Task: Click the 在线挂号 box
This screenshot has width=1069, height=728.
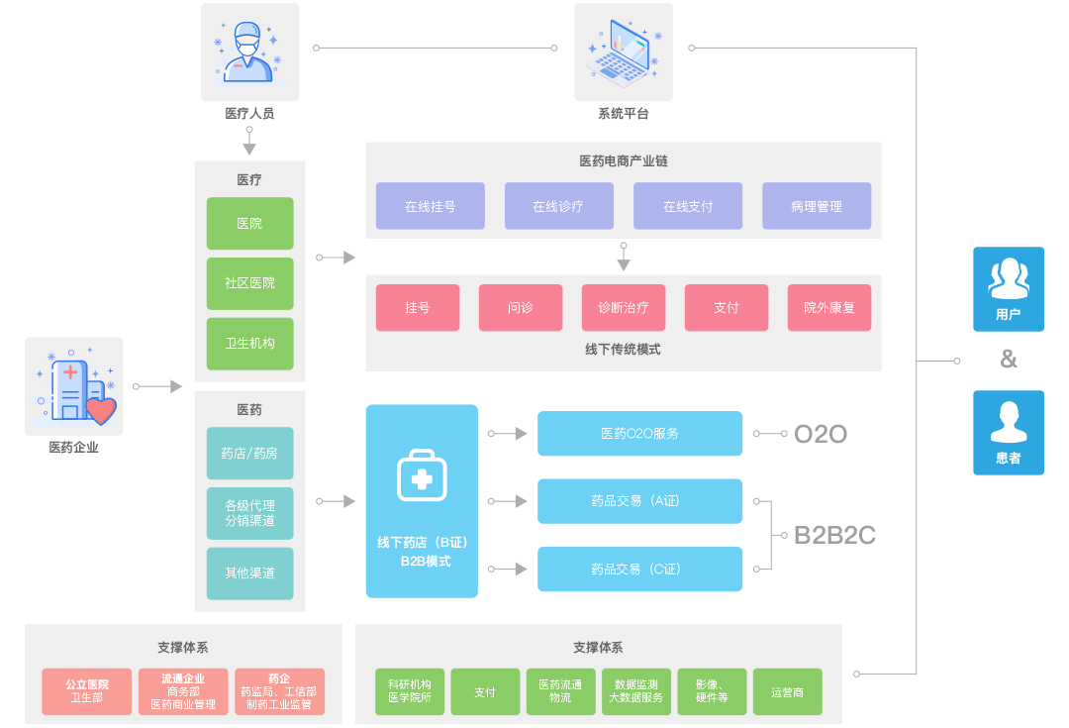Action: (430, 206)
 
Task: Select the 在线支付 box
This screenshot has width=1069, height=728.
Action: (688, 206)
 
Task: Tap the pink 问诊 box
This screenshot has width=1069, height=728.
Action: (521, 307)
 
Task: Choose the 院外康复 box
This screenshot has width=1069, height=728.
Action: (828, 307)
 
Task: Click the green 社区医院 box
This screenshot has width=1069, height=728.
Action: (249, 283)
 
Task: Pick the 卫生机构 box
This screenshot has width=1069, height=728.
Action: (249, 343)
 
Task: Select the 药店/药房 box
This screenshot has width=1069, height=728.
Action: (249, 453)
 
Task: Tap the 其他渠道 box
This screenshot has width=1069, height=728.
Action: (249, 572)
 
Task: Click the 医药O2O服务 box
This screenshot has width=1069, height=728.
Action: (639, 434)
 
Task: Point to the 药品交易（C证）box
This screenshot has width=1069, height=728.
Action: (639, 569)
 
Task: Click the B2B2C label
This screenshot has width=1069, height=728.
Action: (834, 536)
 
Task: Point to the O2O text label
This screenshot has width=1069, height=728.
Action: (821, 434)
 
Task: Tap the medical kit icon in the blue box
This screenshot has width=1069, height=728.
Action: (422, 476)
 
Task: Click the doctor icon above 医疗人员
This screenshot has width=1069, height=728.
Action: (249, 52)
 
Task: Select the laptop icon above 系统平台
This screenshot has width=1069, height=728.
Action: (623, 52)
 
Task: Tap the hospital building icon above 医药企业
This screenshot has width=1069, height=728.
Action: (74, 386)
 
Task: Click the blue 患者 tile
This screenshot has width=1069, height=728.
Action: (1008, 432)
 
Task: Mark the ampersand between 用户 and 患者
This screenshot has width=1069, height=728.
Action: (1008, 360)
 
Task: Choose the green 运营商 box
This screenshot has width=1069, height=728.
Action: (787, 692)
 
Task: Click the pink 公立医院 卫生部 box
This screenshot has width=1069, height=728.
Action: (87, 691)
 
